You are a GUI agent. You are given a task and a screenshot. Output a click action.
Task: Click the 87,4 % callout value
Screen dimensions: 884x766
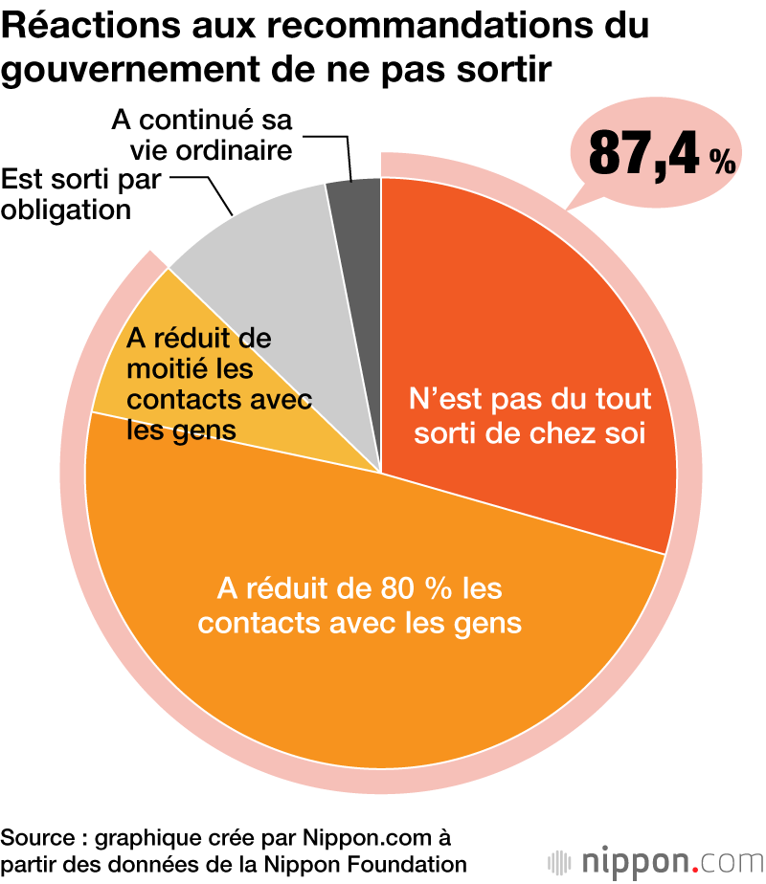pos(661,153)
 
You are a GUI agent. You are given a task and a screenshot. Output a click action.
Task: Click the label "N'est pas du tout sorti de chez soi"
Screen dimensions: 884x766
pos(529,415)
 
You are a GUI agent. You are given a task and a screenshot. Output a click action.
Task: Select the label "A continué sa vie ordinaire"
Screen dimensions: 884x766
pos(202,135)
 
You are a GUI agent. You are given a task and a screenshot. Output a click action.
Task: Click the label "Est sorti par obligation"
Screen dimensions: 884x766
pos(80,194)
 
